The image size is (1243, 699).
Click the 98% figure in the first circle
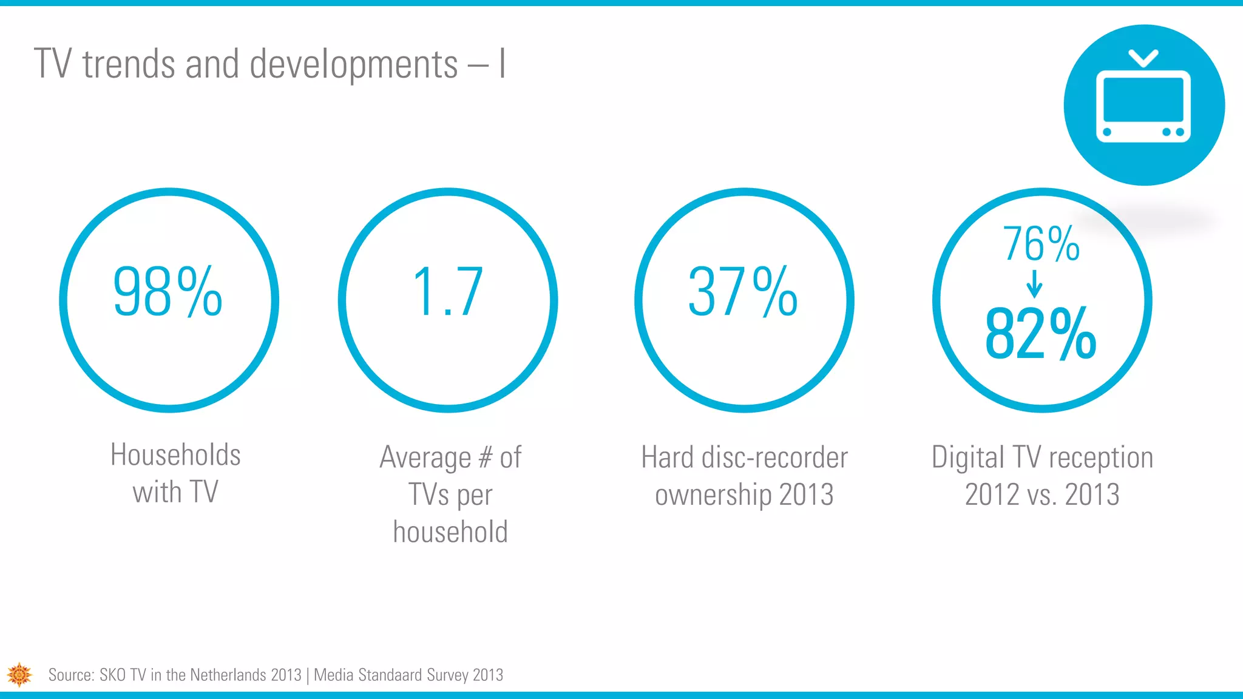(168, 292)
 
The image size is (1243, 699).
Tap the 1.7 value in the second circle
(448, 292)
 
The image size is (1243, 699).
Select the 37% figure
(742, 292)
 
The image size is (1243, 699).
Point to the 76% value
(1041, 244)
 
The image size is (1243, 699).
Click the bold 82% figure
(1040, 334)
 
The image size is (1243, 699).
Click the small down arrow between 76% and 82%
(1034, 283)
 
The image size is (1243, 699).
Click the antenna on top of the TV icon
(1143, 58)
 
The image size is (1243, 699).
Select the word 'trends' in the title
(129, 64)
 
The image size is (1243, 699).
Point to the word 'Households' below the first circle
(175, 454)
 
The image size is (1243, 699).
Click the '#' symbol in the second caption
(485, 457)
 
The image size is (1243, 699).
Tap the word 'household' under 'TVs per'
(450, 532)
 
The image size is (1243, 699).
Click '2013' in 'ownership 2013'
(806, 494)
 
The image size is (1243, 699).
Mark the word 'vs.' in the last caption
(1043, 495)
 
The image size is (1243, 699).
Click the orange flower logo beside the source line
(19, 674)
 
